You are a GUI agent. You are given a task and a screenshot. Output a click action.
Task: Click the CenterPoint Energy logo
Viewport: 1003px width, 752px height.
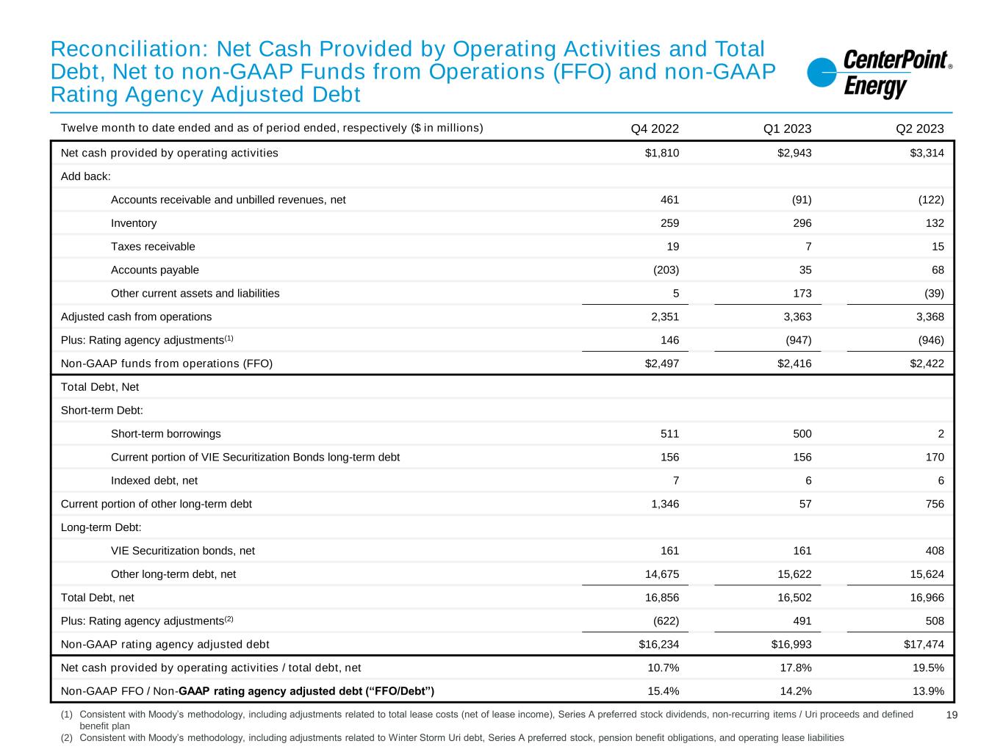tap(879, 74)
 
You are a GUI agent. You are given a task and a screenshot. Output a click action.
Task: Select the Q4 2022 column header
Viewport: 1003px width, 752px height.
tap(655, 129)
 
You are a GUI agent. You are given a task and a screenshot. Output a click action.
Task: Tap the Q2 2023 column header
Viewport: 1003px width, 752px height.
tap(919, 129)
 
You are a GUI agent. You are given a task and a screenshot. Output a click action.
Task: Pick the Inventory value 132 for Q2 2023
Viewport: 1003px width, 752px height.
tap(935, 223)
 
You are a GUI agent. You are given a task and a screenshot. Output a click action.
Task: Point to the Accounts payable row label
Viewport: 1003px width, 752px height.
tap(154, 270)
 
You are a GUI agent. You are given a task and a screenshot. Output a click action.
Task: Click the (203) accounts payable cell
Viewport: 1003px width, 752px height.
tap(666, 270)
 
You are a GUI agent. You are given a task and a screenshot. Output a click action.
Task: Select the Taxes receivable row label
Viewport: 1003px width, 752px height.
tap(153, 247)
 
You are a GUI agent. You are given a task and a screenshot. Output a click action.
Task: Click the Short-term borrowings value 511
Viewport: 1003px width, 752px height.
tap(669, 434)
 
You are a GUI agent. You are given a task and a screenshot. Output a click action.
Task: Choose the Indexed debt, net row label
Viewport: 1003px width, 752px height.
tap(154, 481)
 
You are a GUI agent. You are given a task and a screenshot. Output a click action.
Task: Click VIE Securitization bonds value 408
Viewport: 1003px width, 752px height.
tap(935, 551)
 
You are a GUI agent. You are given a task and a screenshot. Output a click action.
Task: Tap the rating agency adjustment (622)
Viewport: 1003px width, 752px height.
tap(666, 621)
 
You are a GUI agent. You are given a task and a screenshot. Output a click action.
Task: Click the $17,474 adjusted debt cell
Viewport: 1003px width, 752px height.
tap(924, 645)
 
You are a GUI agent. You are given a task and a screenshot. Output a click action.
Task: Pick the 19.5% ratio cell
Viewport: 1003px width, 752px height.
tap(928, 668)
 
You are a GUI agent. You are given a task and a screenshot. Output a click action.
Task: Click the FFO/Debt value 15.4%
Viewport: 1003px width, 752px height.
tap(664, 691)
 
